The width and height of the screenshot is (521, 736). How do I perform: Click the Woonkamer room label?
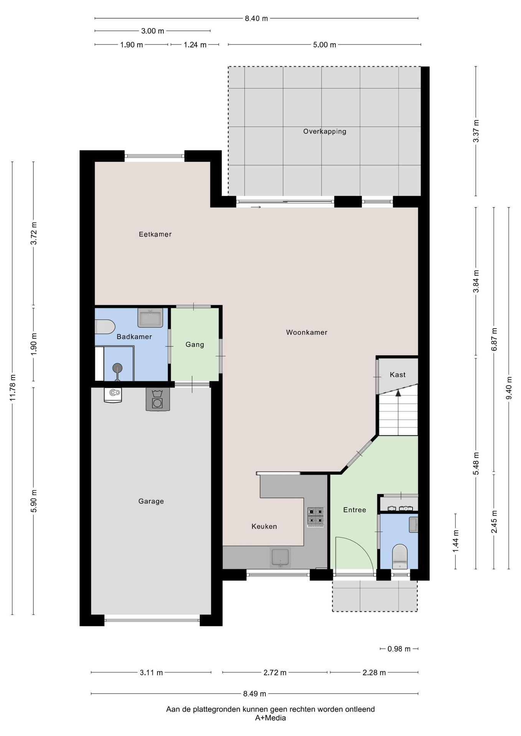pos(307,332)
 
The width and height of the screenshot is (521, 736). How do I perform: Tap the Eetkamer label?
pos(155,234)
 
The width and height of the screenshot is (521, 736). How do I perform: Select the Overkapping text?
pos(325,131)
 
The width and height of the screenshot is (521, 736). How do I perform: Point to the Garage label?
pos(151,501)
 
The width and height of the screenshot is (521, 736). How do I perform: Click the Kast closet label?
pos(397,375)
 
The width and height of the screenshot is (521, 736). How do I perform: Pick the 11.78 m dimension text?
pos(13,387)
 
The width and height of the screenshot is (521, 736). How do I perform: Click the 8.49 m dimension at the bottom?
pos(254,693)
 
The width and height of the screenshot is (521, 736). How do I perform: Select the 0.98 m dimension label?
pos(399,649)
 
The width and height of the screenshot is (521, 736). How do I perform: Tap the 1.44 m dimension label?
pos(456,541)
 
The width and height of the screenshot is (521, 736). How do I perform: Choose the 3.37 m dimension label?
pos(476,131)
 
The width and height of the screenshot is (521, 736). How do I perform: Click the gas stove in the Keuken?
pos(315,517)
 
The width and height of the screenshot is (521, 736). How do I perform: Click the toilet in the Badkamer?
pos(105,327)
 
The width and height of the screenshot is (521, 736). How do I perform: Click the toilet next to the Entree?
pos(400,556)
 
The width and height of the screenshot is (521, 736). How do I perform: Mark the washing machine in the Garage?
pos(157,399)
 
